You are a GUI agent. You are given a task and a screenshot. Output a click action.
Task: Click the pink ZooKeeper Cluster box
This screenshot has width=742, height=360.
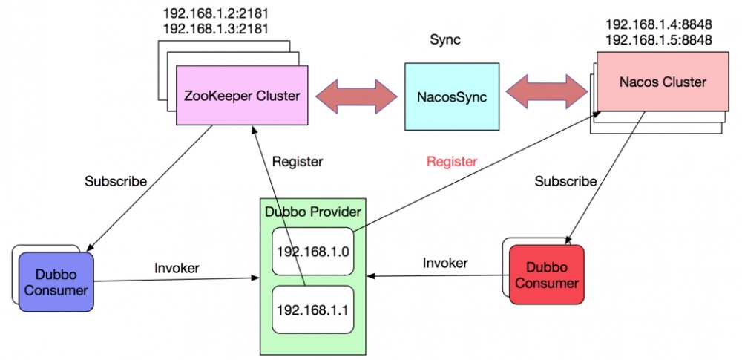click(242, 96)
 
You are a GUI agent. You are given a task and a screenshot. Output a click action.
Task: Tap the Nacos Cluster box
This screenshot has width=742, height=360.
click(654, 82)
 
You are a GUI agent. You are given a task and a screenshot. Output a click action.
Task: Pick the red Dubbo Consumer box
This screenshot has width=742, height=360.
click(546, 275)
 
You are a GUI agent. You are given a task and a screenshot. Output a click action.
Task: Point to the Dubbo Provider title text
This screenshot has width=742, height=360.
click(312, 212)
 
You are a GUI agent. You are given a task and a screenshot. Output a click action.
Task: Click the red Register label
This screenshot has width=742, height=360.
click(452, 161)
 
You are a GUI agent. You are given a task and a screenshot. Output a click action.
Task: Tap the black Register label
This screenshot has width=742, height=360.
click(298, 160)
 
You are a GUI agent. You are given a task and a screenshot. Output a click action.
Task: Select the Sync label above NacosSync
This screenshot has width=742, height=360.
click(445, 40)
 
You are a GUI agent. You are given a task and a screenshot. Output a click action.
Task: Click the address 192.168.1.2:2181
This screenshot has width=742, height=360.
click(214, 13)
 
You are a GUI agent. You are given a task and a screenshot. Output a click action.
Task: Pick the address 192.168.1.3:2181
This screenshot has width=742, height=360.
click(214, 29)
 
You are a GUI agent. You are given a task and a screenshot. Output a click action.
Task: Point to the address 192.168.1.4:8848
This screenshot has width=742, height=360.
click(659, 24)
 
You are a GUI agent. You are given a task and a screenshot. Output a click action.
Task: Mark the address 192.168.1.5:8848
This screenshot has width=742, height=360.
click(659, 40)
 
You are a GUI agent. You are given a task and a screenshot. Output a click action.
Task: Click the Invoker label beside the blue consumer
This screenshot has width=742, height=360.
click(177, 268)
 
